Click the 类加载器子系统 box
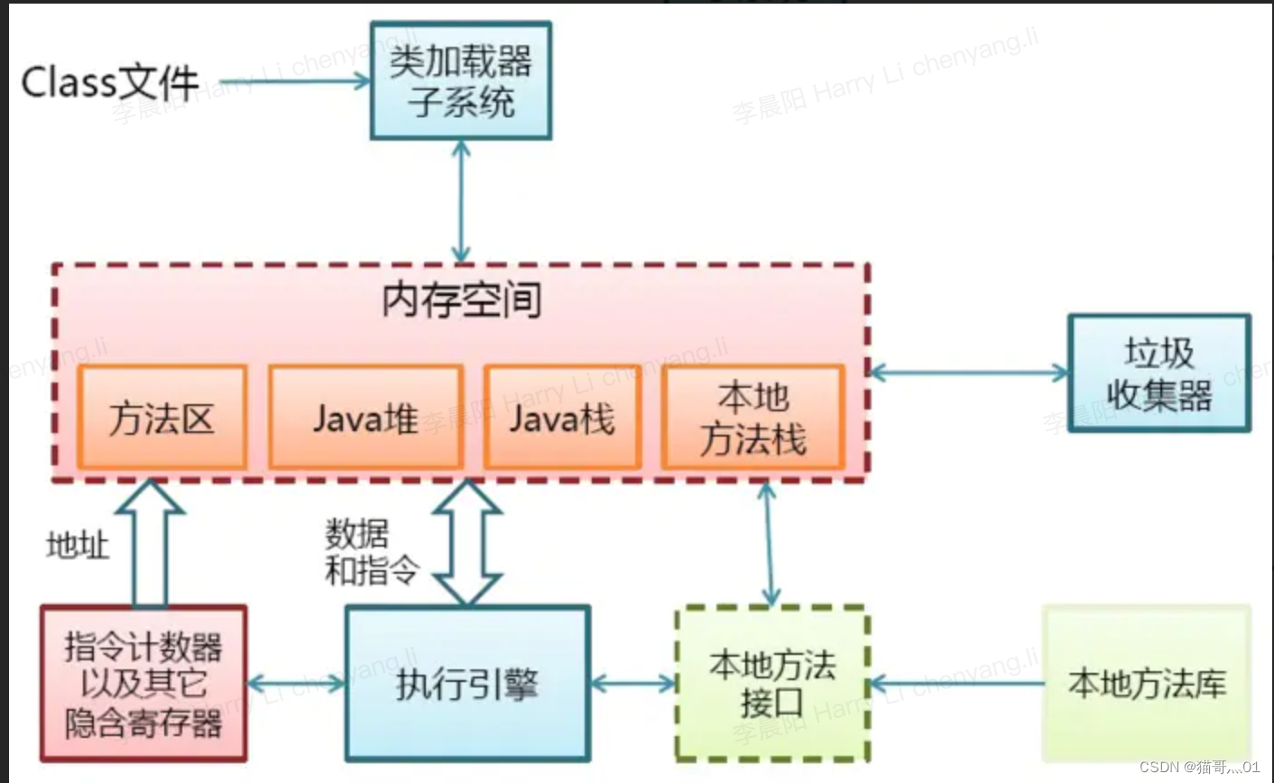pos(461,81)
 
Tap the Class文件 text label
pos(109,83)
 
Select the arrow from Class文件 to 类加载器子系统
pos(294,82)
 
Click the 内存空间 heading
pos(461,300)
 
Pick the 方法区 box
pos(162,418)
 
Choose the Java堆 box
pos(365,418)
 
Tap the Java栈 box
pos(562,418)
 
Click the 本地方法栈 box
pos(753,418)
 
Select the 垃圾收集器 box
pos(1159,373)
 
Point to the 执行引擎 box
pos(467,684)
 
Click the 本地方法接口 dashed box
pos(772,684)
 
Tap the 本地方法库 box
pos(1147,684)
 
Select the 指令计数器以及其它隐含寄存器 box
pos(143,684)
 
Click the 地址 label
pos(78,545)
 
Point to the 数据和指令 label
pos(371,552)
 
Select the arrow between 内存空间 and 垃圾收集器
pos(968,372)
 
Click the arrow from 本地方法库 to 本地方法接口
pos(956,684)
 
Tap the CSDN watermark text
pos(1199,767)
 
